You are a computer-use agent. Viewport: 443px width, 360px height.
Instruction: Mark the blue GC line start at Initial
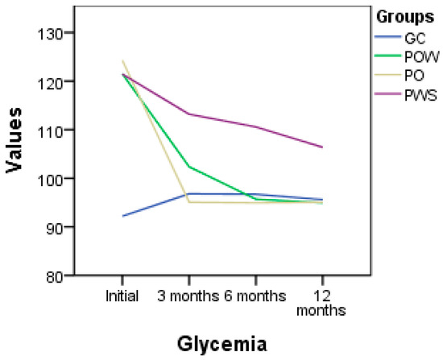point(122,216)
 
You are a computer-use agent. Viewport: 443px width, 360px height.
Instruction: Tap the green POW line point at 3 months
point(188,167)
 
